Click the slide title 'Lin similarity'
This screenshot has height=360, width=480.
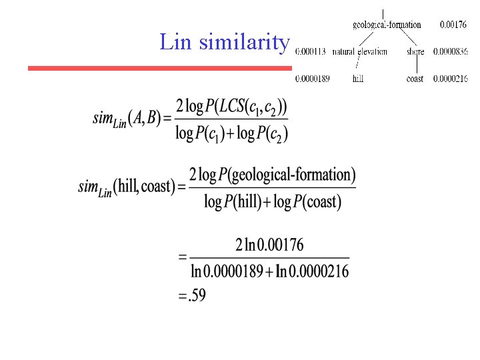click(x=225, y=43)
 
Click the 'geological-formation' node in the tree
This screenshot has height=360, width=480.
click(x=387, y=25)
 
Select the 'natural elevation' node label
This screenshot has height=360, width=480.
click(x=359, y=51)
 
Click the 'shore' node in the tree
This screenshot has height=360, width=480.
click(x=415, y=51)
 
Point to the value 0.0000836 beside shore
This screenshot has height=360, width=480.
click(x=451, y=51)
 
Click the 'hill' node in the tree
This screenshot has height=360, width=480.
click(x=359, y=79)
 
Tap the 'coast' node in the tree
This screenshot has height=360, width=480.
click(x=415, y=79)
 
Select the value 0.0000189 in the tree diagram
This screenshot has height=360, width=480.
click(x=313, y=79)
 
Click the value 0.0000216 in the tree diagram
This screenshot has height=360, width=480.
click(x=451, y=79)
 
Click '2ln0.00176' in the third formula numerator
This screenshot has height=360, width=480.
click(x=269, y=245)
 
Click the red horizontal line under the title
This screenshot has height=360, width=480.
click(x=159, y=68)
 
